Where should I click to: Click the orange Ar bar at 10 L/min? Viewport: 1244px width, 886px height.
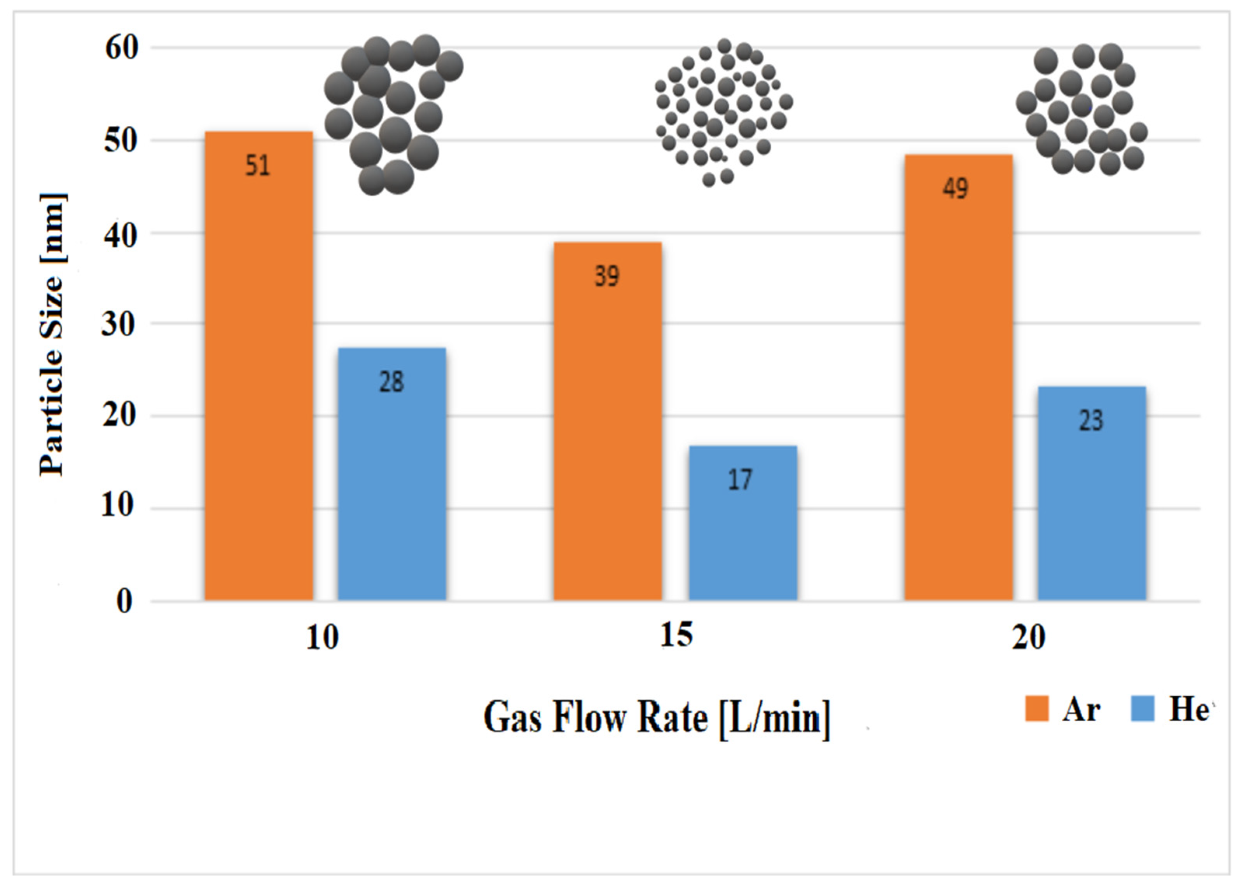(259, 382)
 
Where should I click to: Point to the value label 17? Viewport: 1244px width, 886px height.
(741, 480)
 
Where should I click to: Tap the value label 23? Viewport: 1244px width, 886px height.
(1091, 420)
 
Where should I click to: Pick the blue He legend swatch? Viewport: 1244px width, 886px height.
(1142, 709)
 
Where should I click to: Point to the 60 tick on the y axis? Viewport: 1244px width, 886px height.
(122, 48)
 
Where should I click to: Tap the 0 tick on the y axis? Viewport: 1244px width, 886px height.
(124, 601)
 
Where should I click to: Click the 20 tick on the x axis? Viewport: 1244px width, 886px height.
(1028, 637)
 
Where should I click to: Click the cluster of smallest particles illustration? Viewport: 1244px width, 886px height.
(723, 112)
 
